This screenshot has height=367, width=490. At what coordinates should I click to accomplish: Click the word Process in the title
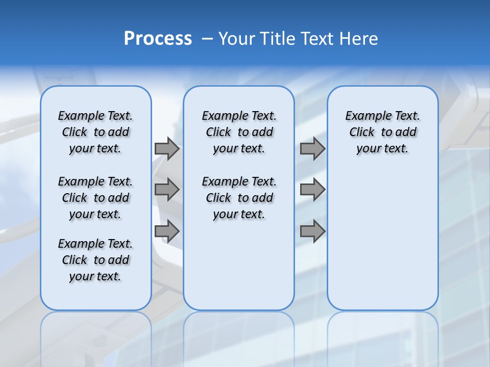(158, 39)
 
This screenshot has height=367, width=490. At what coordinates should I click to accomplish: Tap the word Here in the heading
(359, 39)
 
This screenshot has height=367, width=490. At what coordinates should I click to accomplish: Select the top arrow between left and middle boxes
(167, 149)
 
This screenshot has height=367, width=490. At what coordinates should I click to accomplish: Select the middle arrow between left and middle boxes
(167, 190)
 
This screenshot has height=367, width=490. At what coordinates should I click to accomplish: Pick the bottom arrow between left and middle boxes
(167, 231)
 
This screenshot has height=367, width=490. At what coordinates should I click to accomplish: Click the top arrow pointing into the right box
(312, 149)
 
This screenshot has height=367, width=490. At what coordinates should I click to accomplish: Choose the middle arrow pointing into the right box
(312, 190)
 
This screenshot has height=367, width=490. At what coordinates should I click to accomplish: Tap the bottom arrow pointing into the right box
(312, 231)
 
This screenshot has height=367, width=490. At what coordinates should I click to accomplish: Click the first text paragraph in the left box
(95, 132)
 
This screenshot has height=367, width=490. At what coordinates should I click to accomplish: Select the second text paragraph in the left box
(95, 198)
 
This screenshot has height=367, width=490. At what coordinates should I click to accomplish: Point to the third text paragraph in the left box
(95, 260)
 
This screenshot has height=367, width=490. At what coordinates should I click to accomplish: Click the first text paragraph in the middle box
(239, 132)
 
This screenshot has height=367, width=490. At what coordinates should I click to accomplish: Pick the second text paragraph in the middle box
(239, 198)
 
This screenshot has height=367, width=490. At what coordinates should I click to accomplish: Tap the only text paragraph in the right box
(383, 132)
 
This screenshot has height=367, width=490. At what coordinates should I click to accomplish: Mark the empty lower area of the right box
(383, 234)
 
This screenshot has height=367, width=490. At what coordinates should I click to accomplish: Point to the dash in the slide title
(207, 39)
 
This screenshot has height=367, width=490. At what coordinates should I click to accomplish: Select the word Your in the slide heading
(236, 39)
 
